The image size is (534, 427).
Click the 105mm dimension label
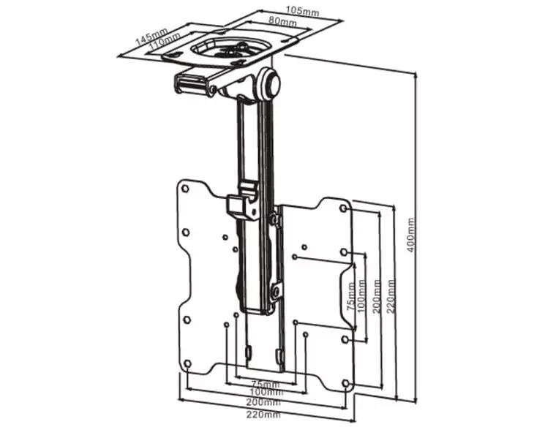(302, 11)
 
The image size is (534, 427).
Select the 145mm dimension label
(151, 37)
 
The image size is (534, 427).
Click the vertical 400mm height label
(411, 235)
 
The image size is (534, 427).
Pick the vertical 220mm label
(391, 297)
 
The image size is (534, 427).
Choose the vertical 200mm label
(377, 297)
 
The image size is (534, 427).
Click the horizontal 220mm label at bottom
(263, 415)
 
